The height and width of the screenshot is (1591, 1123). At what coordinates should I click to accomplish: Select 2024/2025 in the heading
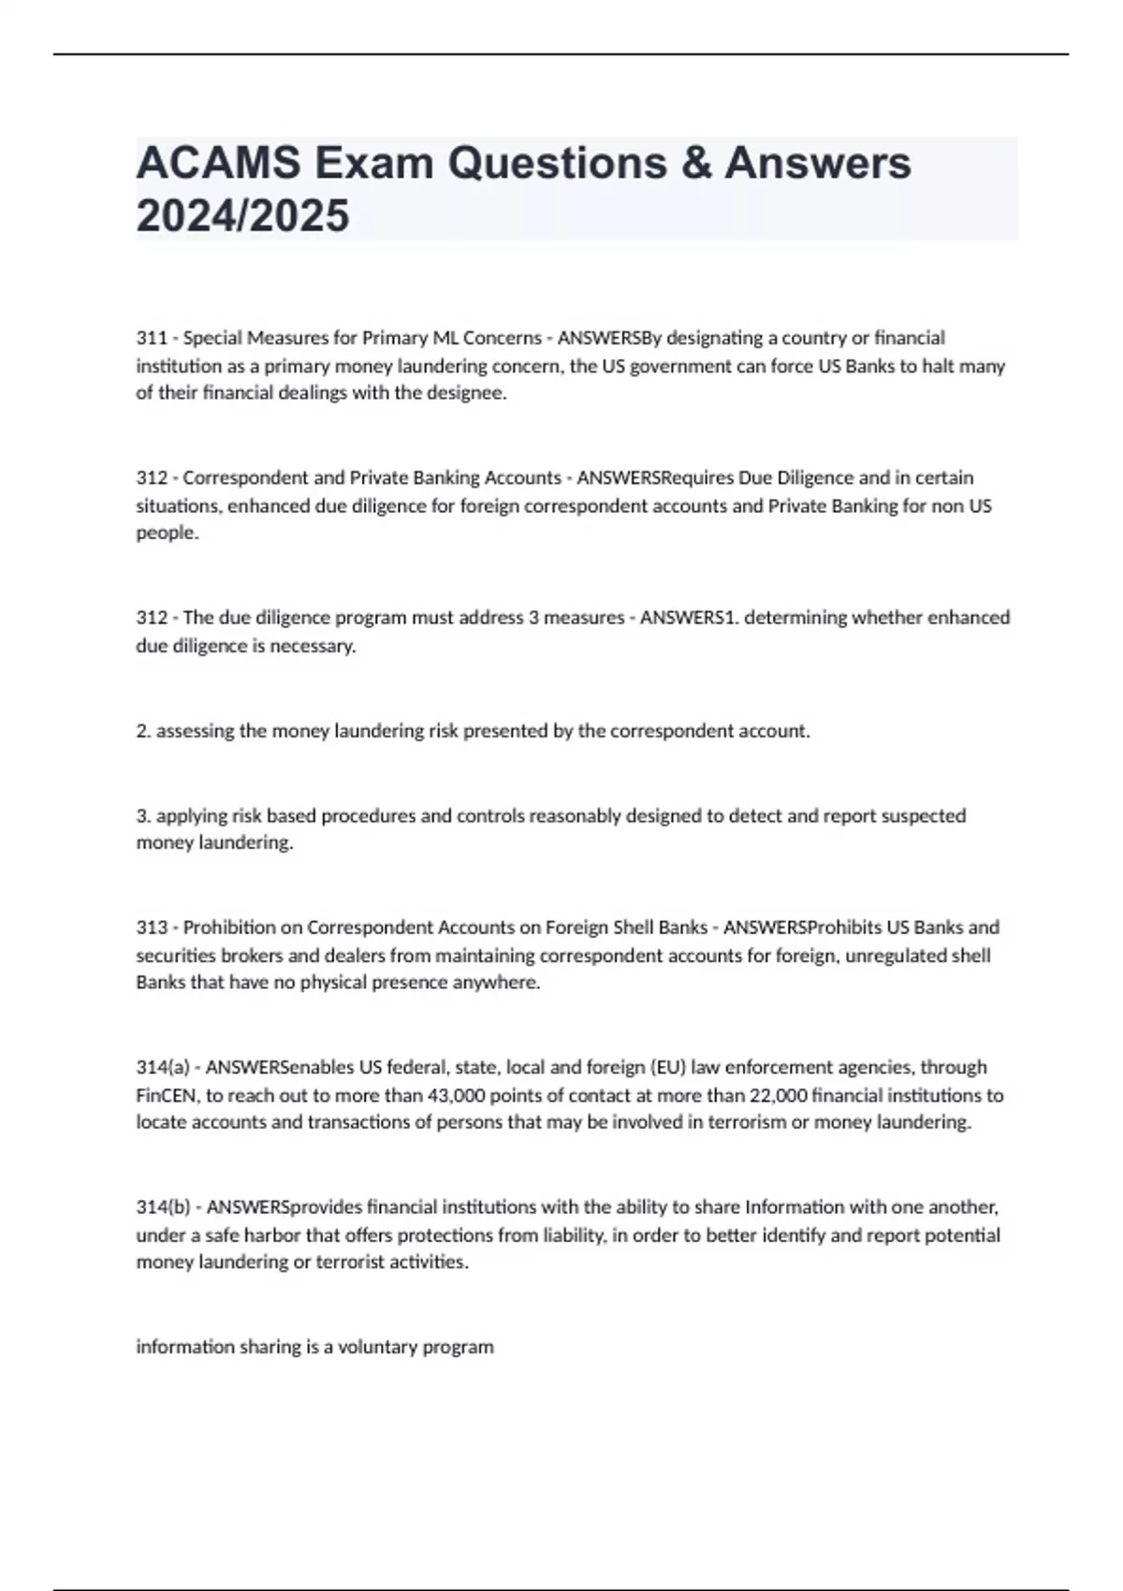(242, 216)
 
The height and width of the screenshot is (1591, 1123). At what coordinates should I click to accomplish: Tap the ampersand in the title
(695, 163)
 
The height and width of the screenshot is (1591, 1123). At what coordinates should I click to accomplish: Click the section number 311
(152, 338)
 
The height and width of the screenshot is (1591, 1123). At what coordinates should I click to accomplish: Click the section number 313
(152, 927)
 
